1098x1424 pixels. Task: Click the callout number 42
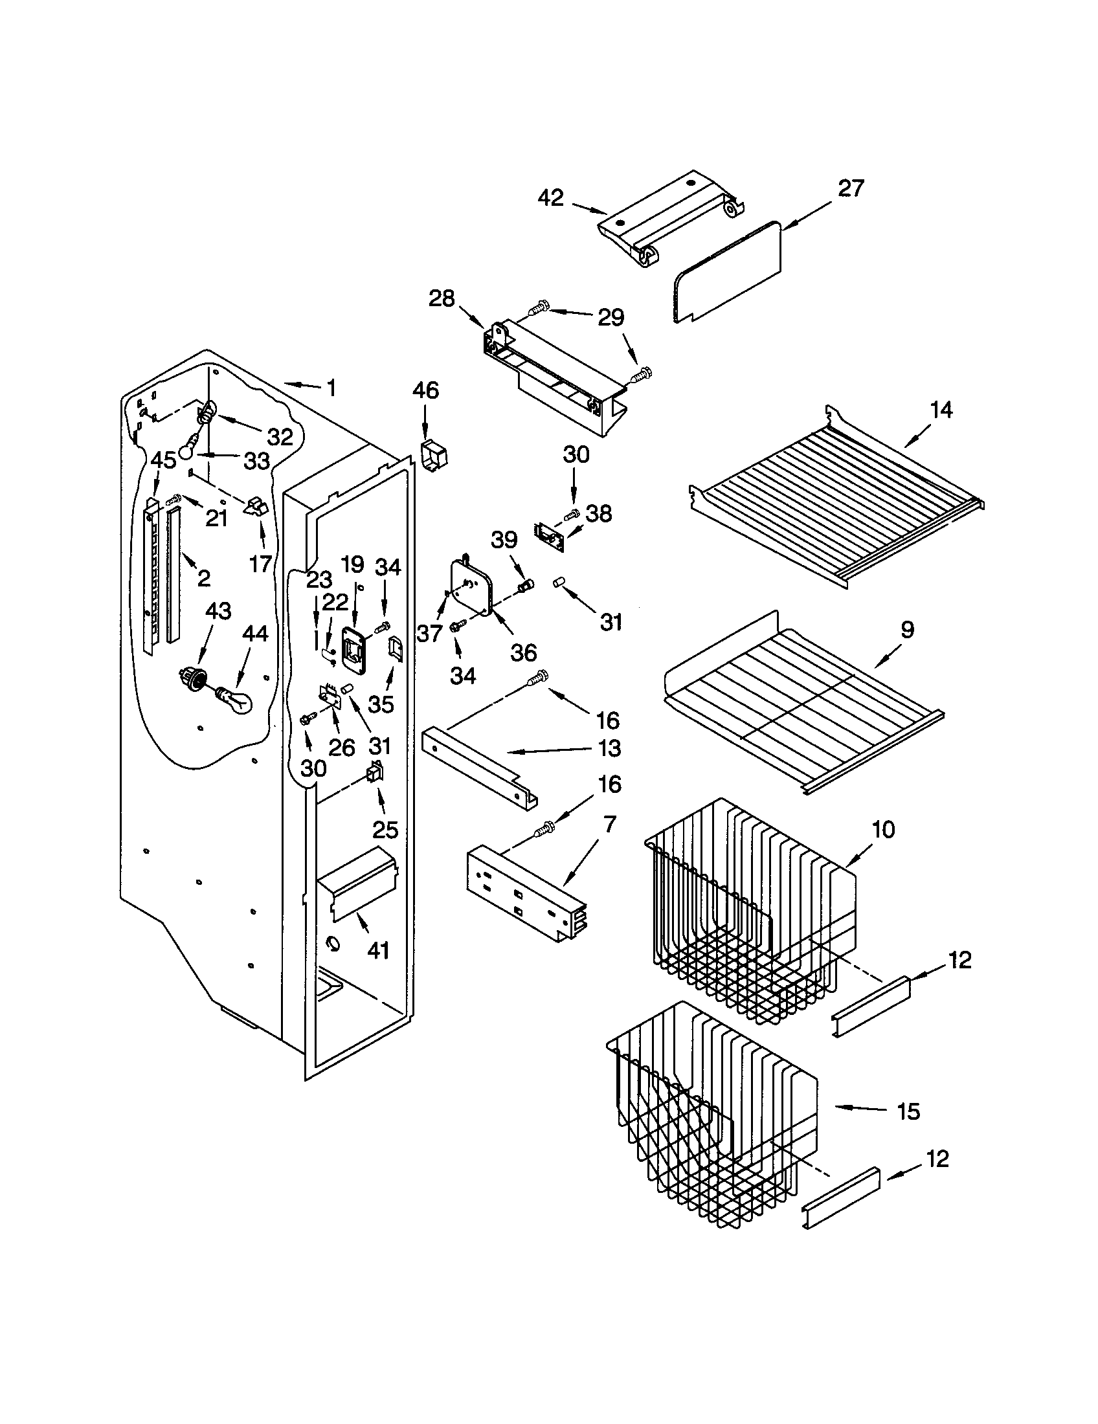551,197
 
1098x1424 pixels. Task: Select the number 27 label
850,188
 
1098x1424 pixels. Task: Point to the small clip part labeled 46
432,454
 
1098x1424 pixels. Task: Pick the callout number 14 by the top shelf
941,410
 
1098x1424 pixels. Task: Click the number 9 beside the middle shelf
908,630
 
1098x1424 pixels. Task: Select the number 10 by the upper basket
884,830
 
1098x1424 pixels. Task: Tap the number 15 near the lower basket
908,1111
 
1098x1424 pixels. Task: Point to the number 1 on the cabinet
331,388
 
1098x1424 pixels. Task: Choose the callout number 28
442,299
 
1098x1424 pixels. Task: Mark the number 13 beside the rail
609,748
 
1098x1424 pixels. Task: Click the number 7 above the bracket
610,824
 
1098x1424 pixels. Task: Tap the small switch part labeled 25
374,774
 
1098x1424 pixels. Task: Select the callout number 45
164,460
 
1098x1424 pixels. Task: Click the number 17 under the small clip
260,563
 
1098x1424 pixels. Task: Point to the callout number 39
504,540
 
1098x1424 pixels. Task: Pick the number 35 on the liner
381,704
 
